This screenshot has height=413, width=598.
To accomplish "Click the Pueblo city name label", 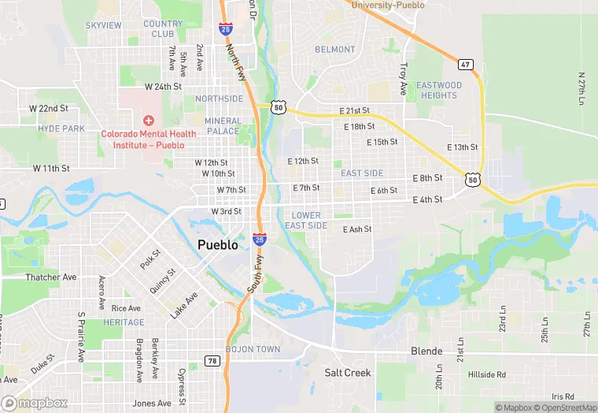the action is point(218,245).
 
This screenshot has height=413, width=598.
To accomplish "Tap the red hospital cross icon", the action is point(147,120).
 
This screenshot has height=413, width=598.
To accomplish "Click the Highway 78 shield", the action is point(212,360).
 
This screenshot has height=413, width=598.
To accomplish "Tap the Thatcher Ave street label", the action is point(51,277).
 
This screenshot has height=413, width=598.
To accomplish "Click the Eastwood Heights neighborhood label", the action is point(438,90).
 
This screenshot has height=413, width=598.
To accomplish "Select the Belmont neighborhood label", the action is point(335,49).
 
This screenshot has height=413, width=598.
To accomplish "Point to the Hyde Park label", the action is point(61,128).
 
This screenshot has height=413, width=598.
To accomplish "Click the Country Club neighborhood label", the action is point(163,29).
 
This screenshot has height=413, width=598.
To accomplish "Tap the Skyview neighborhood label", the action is point(103,25).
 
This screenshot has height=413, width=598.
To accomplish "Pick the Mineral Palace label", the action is point(223,126).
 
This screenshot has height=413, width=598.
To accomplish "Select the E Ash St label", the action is point(356,229).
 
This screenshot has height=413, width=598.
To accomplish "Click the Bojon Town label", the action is point(253,348).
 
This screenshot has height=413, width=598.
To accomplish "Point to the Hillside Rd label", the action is point(487,374).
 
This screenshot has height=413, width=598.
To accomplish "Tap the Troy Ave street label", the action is point(404,80).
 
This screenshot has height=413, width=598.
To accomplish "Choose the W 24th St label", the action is point(163,86).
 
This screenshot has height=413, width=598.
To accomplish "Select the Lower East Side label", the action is point(306,220).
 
